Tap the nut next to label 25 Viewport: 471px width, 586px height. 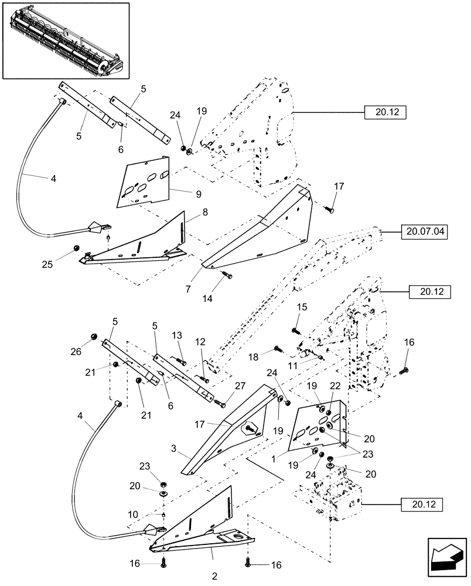pyautogui.click(x=77, y=248)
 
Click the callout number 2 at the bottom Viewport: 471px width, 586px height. pyautogui.click(x=214, y=577)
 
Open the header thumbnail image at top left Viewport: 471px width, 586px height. pyautogui.click(x=64, y=40)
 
